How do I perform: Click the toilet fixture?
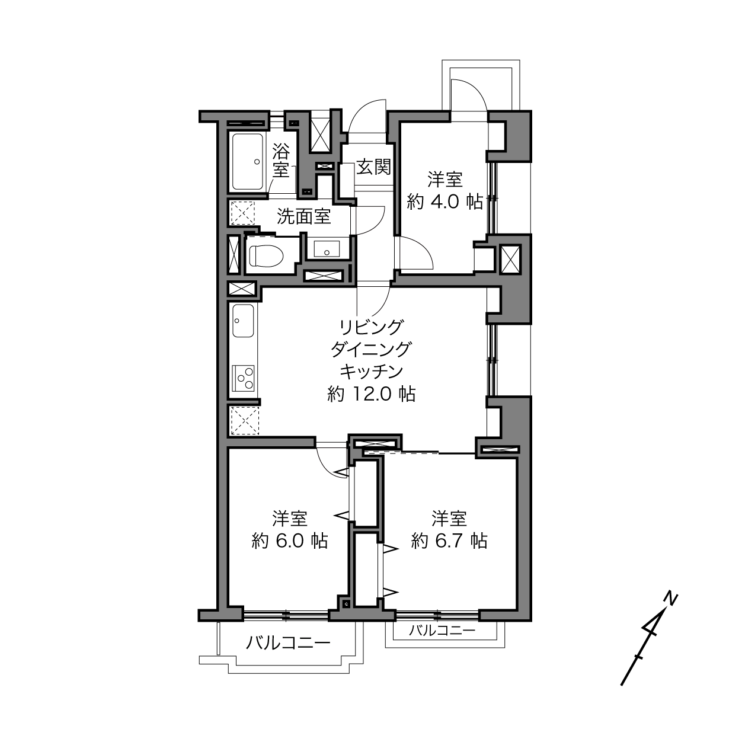point(266,255)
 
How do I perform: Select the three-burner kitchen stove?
point(244,378)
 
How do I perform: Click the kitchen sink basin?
point(244,321)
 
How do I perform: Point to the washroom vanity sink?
point(327,249)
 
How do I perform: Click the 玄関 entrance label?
point(373,167)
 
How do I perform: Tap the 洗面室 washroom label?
point(304,217)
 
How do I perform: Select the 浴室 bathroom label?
point(281,161)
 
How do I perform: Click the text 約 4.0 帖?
point(444,202)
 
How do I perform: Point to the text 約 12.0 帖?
point(372,394)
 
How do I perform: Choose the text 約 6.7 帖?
point(449,541)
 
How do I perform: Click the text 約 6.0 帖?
point(290,541)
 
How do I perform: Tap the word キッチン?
point(371,372)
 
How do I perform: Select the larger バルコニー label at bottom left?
point(289,642)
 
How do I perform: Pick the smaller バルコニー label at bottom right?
point(442,631)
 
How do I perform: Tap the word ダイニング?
point(371,350)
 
